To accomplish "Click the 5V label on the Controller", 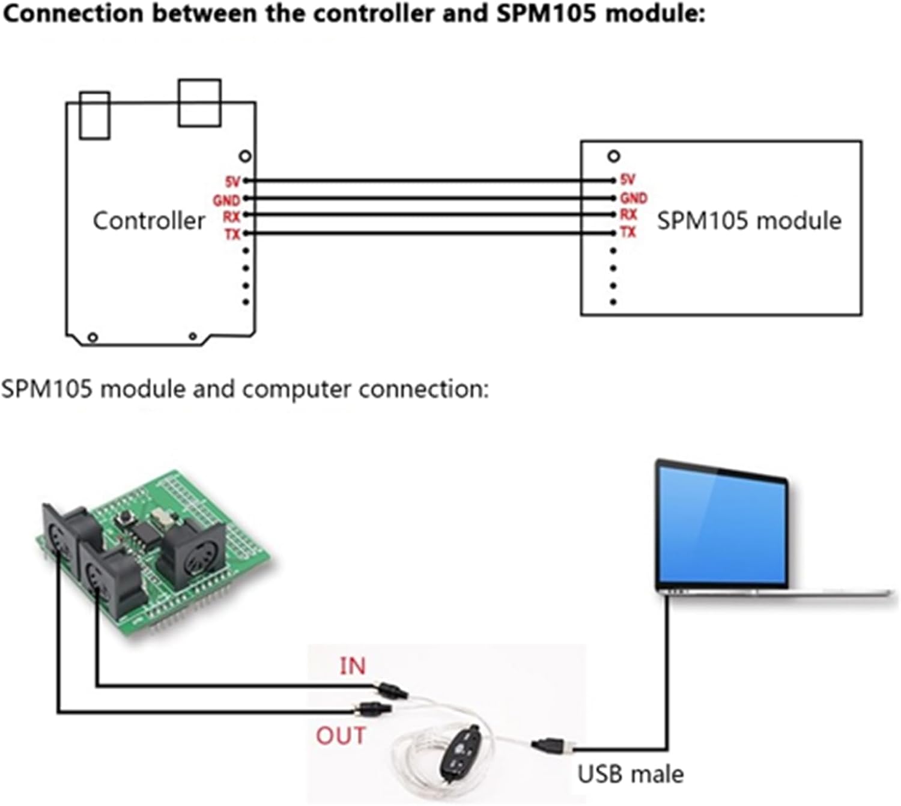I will click(x=232, y=181).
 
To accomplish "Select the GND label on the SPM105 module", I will click(x=634, y=198).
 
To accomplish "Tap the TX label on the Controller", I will click(x=232, y=234).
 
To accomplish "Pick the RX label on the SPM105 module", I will click(x=628, y=214).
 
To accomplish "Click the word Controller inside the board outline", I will click(x=149, y=221).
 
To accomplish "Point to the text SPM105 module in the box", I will click(x=749, y=221).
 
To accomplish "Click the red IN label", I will click(x=353, y=666).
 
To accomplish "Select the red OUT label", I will click(x=341, y=736).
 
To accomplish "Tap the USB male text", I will click(x=631, y=775).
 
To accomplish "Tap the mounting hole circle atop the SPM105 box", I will click(x=613, y=156).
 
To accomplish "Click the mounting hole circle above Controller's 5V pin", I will click(x=245, y=156).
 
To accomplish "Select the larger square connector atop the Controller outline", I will click(x=199, y=103).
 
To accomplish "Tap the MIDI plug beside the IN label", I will click(x=391, y=690).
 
